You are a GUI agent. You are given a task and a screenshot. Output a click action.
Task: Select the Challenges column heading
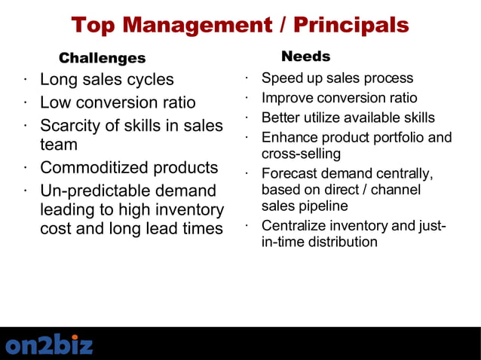(x=103, y=58)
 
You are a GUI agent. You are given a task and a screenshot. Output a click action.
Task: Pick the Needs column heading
(x=305, y=56)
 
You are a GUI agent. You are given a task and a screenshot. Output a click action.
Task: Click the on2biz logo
(x=50, y=345)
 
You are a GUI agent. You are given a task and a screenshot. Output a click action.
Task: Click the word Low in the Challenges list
(x=56, y=102)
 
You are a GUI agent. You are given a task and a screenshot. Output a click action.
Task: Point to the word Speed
(x=280, y=78)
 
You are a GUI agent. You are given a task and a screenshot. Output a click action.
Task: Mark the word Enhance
(x=289, y=138)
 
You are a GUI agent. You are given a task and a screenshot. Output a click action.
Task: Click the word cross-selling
(x=302, y=154)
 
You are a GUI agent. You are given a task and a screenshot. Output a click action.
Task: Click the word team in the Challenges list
(x=59, y=144)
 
